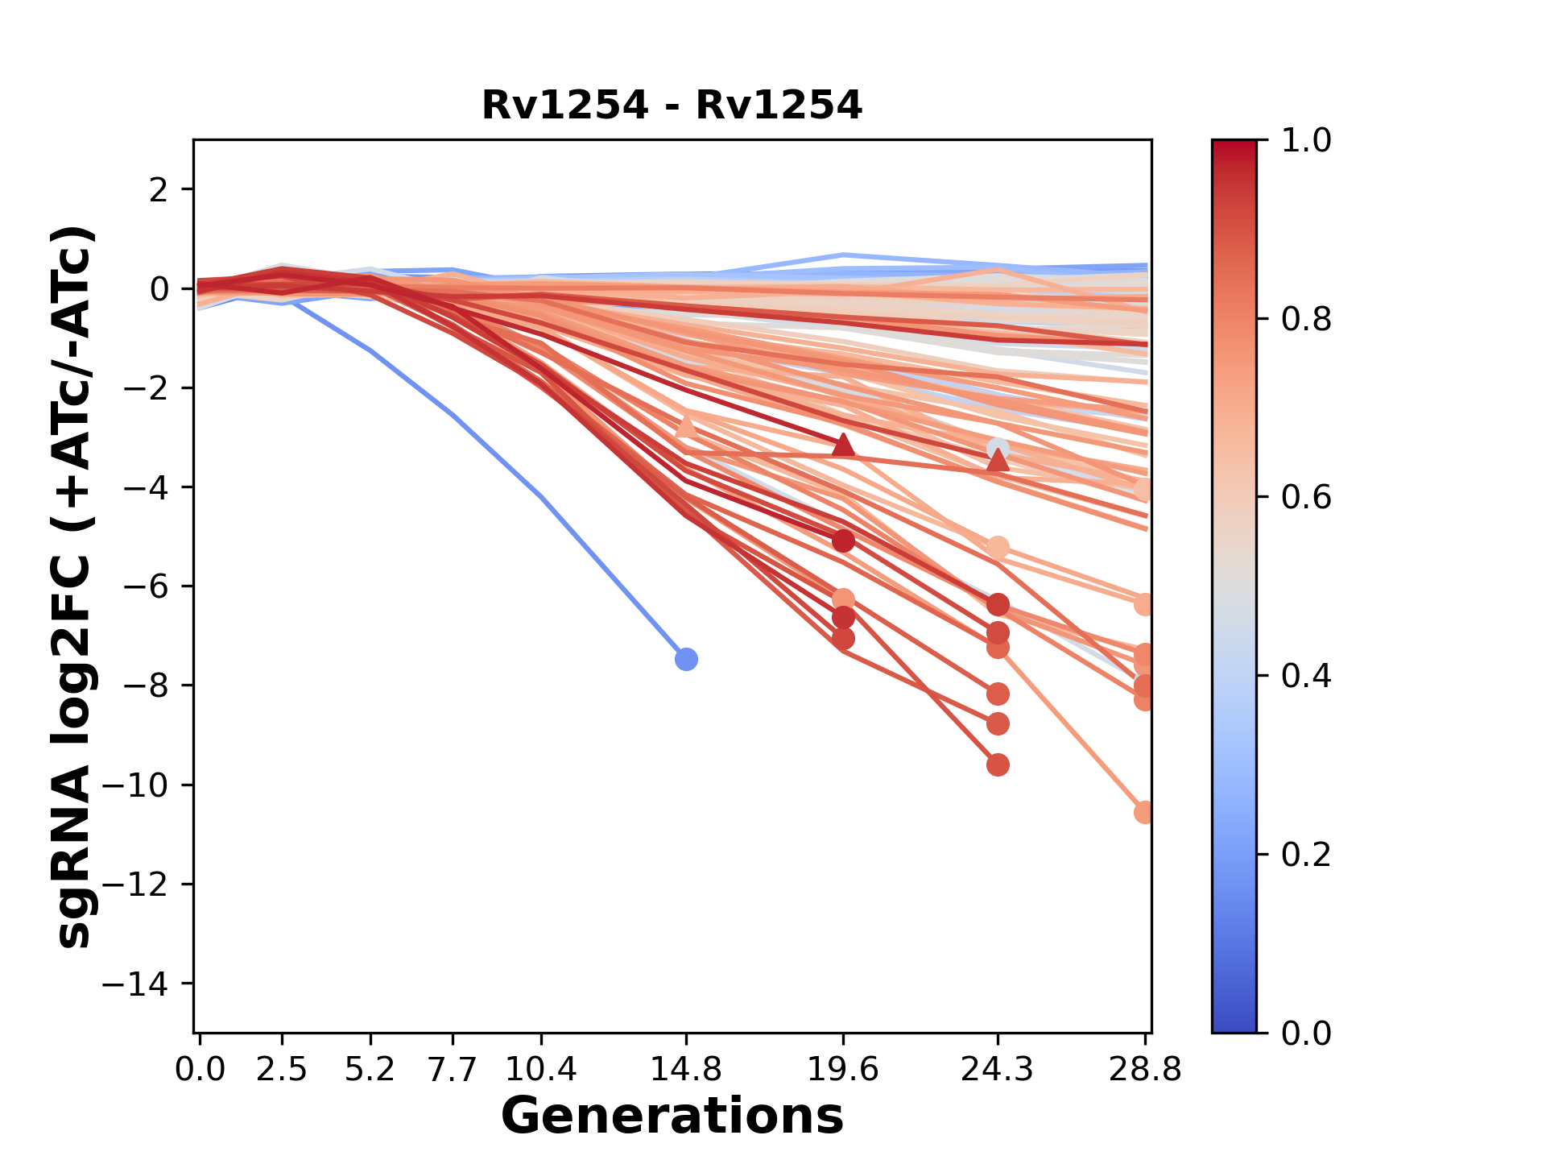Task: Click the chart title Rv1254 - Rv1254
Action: pos(672,106)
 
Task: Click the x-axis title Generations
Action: pos(672,1116)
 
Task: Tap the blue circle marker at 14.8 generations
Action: pos(686,659)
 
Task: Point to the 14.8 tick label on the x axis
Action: pos(686,1070)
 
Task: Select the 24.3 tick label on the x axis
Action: pos(997,1070)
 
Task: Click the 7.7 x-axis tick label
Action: pos(453,1070)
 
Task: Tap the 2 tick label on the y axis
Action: pos(159,190)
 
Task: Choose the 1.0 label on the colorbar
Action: pos(1306,141)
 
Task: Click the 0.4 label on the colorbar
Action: pos(1306,676)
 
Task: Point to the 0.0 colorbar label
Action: pos(1306,1033)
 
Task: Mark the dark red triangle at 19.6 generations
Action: pos(843,445)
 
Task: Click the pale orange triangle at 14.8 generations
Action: pos(686,426)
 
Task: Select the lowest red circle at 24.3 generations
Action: pos(998,764)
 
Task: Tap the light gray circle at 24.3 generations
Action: pos(998,449)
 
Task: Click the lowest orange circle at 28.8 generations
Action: pos(1143,813)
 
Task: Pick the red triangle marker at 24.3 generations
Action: pos(998,460)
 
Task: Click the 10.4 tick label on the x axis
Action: pos(540,1070)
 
